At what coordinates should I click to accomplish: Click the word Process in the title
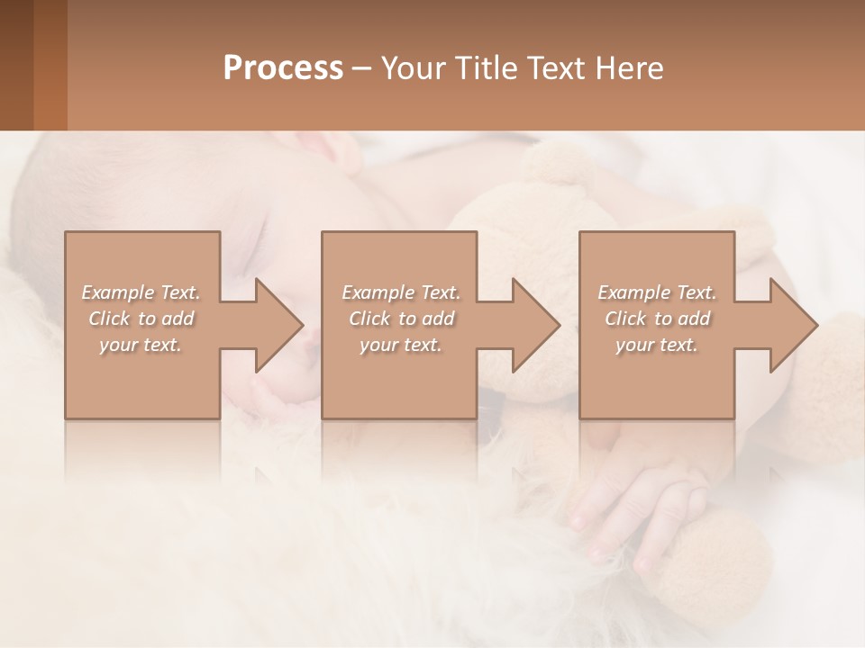point(283,68)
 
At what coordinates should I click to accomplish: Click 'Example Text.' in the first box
point(141,292)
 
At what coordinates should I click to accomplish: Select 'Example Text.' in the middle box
point(401,292)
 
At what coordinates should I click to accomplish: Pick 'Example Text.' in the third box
point(657,292)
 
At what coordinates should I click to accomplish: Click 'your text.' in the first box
point(141,345)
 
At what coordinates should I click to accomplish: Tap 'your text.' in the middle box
point(401,345)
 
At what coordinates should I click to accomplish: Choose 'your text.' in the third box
point(657,345)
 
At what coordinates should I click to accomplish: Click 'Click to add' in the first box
point(141,319)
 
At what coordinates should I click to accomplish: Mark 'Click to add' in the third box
point(657,319)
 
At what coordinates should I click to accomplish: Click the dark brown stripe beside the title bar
point(16,65)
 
